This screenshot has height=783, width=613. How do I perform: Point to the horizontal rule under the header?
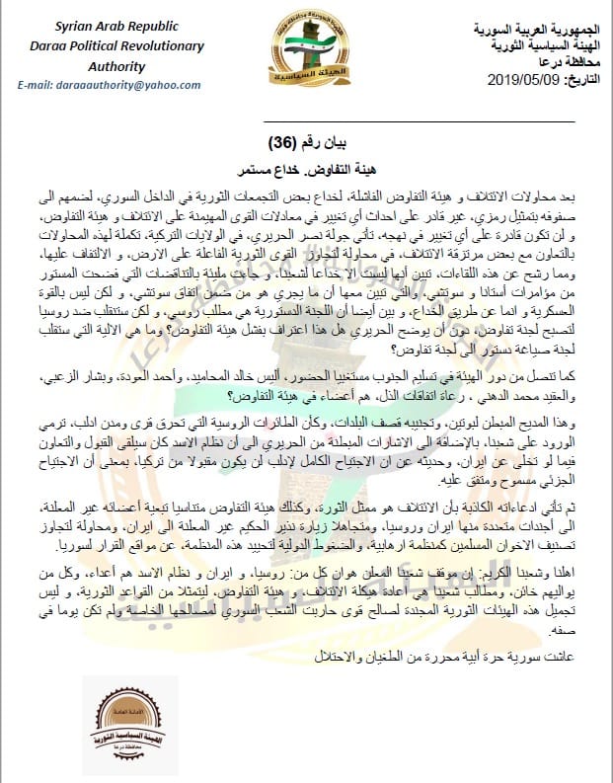pos(306,119)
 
